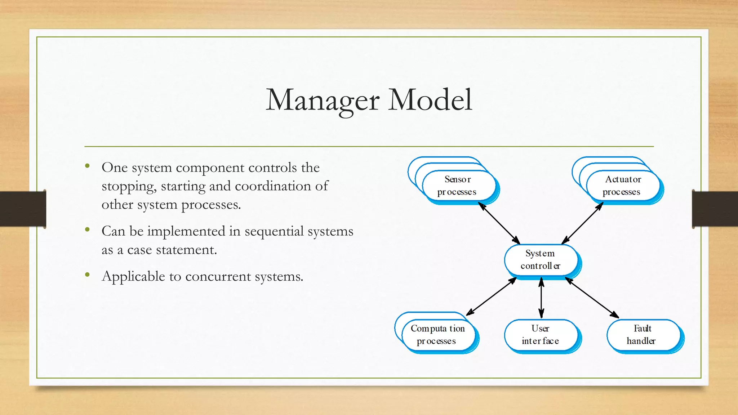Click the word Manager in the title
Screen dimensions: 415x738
tap(323, 100)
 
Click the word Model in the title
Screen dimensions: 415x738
tap(430, 100)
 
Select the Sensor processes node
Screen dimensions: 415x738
tap(458, 186)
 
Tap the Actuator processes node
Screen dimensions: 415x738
tap(622, 186)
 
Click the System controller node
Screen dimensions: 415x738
tap(540, 260)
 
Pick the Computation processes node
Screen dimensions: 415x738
tap(437, 335)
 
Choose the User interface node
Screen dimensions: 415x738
tap(540, 335)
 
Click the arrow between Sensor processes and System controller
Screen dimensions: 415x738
tap(499, 223)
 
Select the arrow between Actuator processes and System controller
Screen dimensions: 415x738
tap(582, 223)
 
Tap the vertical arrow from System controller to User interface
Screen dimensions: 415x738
tap(541, 298)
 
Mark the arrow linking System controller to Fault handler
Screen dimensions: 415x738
tap(592, 298)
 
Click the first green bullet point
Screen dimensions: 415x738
tap(87, 166)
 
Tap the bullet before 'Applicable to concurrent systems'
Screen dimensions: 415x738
tap(87, 275)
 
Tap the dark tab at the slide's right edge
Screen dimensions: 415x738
tap(715, 209)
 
